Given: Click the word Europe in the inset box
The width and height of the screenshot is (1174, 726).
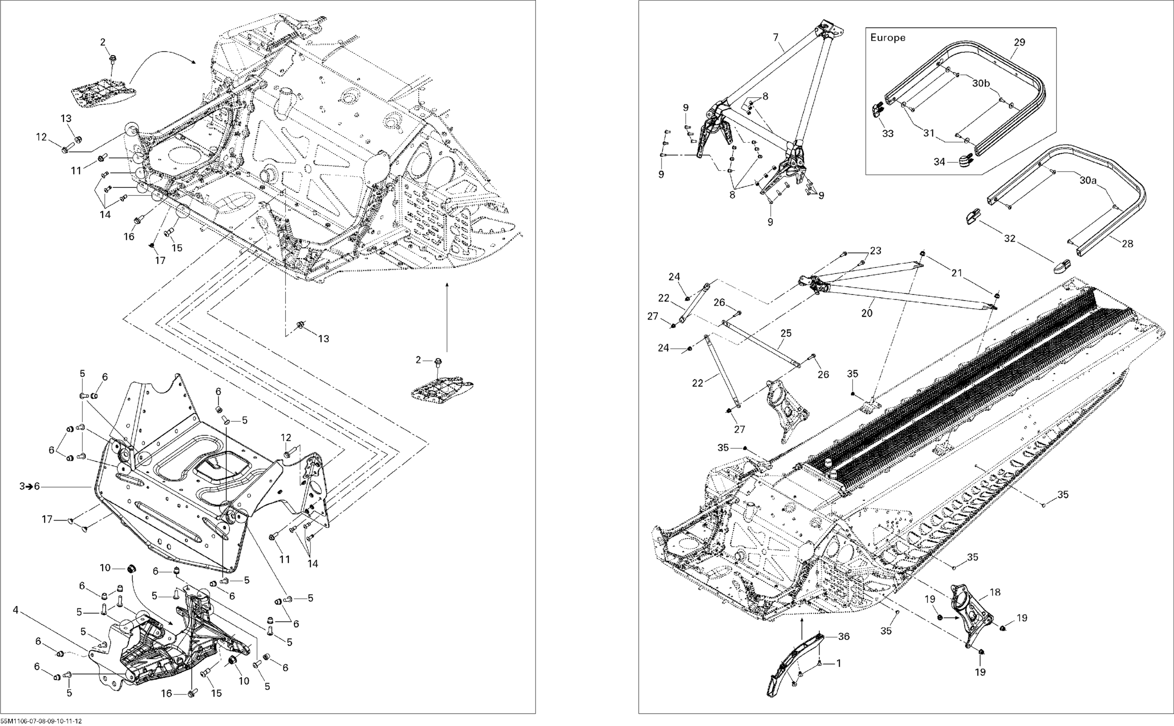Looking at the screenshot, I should tap(888, 38).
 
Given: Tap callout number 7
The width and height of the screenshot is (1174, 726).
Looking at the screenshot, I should tap(776, 36).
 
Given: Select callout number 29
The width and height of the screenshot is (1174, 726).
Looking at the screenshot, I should tap(1019, 42).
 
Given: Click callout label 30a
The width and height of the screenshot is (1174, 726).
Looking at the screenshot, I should tap(1089, 180).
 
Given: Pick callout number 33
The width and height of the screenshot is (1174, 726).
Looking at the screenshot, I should tap(888, 134).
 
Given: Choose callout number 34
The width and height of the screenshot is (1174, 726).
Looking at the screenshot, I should tap(939, 162).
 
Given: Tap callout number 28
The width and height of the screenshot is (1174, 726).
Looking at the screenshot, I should tap(1127, 244).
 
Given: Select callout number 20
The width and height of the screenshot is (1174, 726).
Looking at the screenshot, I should tap(867, 313).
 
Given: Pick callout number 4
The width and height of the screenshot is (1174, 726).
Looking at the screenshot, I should tap(16, 610).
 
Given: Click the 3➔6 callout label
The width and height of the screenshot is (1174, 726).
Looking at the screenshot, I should tap(30, 486).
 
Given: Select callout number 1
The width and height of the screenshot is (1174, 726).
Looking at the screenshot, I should tap(838, 664).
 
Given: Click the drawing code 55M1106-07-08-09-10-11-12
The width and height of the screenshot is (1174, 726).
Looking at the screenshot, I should tap(41, 721).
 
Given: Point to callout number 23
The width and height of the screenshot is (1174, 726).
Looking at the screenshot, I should tap(876, 250).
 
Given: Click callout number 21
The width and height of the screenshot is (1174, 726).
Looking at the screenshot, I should tap(957, 273).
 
